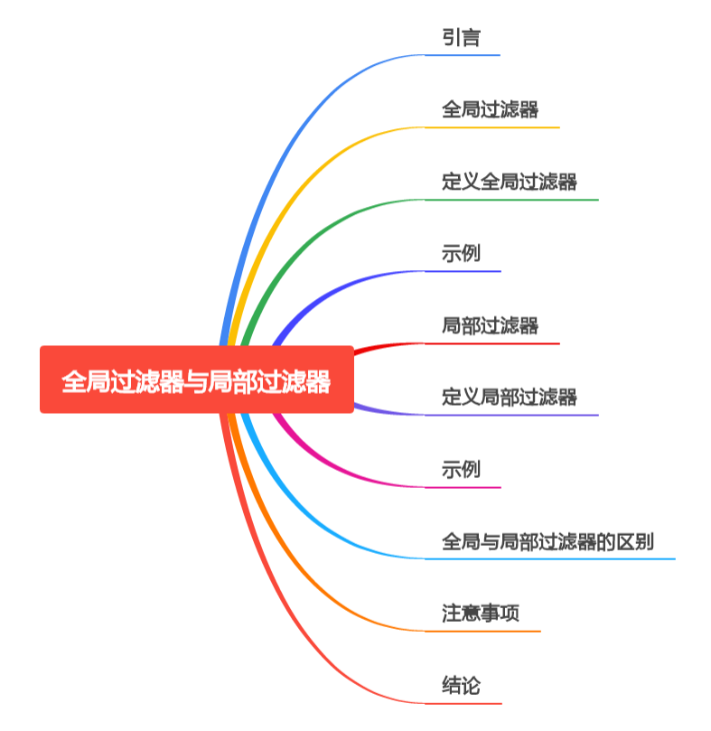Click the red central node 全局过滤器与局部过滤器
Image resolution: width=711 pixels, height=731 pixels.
coord(196,380)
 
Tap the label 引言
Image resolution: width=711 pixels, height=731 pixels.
coord(461,38)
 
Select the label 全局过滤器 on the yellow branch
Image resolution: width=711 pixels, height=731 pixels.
coord(490,110)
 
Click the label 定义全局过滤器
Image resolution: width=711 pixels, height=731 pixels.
coord(509,182)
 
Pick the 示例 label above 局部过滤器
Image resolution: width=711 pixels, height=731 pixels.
coord(461,254)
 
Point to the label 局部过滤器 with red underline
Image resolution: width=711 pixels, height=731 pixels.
coord(490,325)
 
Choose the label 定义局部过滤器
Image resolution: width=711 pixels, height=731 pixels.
coord(509,397)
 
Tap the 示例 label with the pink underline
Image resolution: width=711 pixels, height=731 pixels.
coord(461,469)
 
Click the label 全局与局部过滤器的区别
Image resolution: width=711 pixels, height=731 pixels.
coord(547,541)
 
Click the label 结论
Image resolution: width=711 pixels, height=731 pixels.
coord(461,686)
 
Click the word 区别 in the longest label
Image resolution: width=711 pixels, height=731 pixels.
coord(636,541)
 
